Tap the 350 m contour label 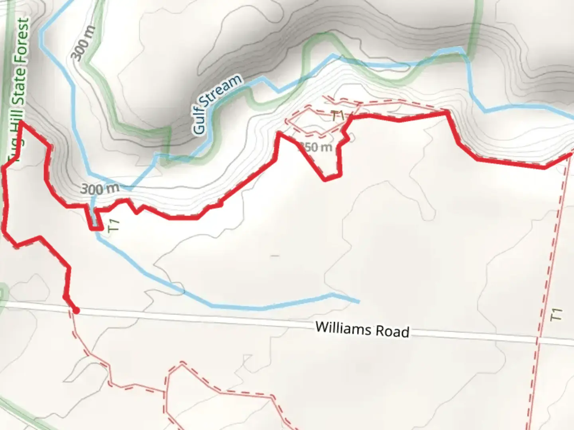[x=316, y=147]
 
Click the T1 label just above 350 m [x=338, y=116]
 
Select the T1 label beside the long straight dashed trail [x=556, y=315]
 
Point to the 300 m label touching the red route [x=99, y=188]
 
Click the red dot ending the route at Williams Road [x=76, y=310]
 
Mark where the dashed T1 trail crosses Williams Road [x=537, y=341]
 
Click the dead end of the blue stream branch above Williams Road [x=358, y=302]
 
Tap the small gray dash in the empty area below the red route [x=274, y=256]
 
